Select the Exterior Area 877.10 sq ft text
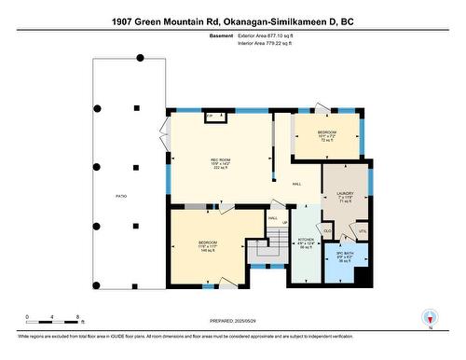271,35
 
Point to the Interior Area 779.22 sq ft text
270,43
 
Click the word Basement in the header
220,35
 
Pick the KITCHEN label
305,243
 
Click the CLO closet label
327,229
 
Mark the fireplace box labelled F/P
210,115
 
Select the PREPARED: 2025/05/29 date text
233,322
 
